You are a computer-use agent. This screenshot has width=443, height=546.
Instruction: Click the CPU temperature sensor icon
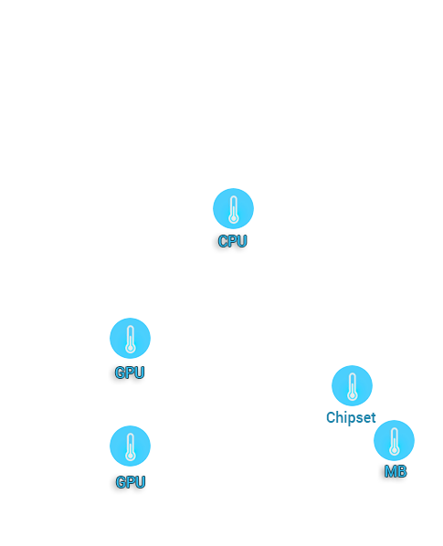coord(233,208)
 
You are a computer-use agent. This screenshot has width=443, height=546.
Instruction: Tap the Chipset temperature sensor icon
coord(352,385)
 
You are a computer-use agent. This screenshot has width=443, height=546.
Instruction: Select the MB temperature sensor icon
coord(394,440)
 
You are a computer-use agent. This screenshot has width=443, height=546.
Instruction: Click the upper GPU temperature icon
coord(130,338)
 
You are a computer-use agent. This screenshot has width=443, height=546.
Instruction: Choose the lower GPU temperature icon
coord(130,446)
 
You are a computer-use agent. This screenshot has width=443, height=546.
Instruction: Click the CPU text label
coord(232,241)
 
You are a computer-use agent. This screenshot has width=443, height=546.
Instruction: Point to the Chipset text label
coord(351,417)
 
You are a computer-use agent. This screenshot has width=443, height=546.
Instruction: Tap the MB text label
coord(396,471)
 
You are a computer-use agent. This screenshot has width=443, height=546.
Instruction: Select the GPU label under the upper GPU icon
coord(129,373)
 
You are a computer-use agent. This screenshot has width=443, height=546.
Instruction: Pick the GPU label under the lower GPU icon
coord(131,482)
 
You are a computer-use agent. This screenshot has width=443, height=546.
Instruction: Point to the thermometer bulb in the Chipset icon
coord(352,396)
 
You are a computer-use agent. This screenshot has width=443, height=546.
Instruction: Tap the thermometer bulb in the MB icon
coord(395,451)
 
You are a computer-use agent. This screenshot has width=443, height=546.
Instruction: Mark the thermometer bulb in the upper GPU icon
coord(131,348)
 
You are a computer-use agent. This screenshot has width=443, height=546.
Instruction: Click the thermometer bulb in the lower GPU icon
coord(131,456)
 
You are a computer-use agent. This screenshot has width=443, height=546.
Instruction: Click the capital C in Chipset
coord(331,417)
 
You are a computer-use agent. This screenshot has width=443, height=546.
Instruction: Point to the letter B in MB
coord(402,471)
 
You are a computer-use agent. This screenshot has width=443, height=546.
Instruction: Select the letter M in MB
coord(390,471)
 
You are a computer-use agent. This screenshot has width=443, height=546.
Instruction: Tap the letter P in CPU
coord(233,241)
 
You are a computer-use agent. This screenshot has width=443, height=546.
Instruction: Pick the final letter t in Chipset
coord(373,417)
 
